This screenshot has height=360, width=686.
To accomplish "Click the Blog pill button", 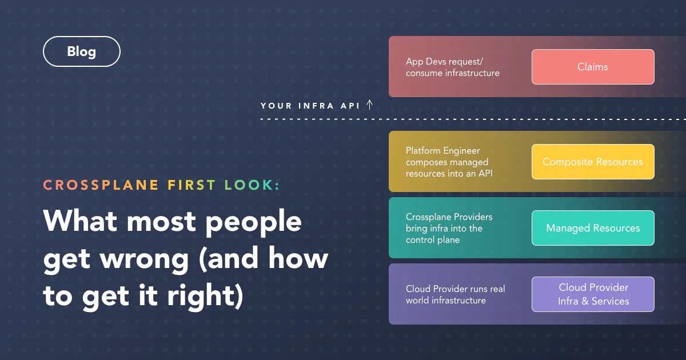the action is [x=82, y=51].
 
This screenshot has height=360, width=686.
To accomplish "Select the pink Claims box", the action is [x=593, y=67].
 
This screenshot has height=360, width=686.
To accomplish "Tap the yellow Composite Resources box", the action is [x=593, y=162].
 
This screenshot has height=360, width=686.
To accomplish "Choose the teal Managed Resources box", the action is [x=593, y=228].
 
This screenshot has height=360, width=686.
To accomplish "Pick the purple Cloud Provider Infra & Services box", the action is [x=593, y=294].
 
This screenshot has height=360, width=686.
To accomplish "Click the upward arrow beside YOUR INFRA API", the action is [x=370, y=105].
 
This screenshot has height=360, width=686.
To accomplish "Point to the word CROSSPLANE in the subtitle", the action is [x=101, y=185].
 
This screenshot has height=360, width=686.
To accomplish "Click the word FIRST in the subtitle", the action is [x=192, y=185].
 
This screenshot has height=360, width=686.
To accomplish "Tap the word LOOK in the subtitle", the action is [x=248, y=185].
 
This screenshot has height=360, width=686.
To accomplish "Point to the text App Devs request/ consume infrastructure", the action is [x=453, y=67].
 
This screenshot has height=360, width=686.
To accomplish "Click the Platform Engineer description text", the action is [x=449, y=162].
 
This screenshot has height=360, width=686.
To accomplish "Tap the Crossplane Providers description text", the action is [x=449, y=228].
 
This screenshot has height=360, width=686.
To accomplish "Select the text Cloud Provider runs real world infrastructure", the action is [x=456, y=294].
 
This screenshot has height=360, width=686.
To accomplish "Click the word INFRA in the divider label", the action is [x=316, y=106].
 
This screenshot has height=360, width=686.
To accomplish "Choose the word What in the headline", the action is [x=80, y=221].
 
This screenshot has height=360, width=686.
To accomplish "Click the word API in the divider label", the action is [x=350, y=106].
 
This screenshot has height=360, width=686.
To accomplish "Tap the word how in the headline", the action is [x=298, y=258].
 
